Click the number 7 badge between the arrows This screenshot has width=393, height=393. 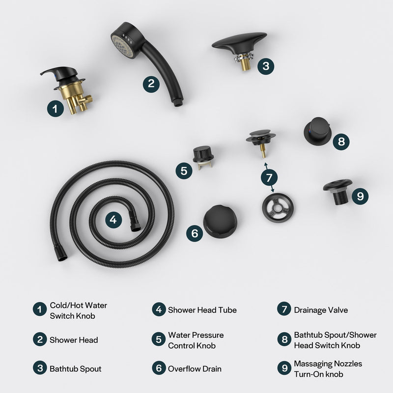(x=268, y=177)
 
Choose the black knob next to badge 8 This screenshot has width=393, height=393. (x=318, y=132)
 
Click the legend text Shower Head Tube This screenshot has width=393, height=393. (x=202, y=310)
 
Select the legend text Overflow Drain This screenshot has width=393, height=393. (x=195, y=369)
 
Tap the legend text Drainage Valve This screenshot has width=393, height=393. (x=321, y=310)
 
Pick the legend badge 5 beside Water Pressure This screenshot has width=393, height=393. (x=158, y=340)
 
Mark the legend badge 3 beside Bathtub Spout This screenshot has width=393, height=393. (x=40, y=369)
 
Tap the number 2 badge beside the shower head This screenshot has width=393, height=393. (x=151, y=83)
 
